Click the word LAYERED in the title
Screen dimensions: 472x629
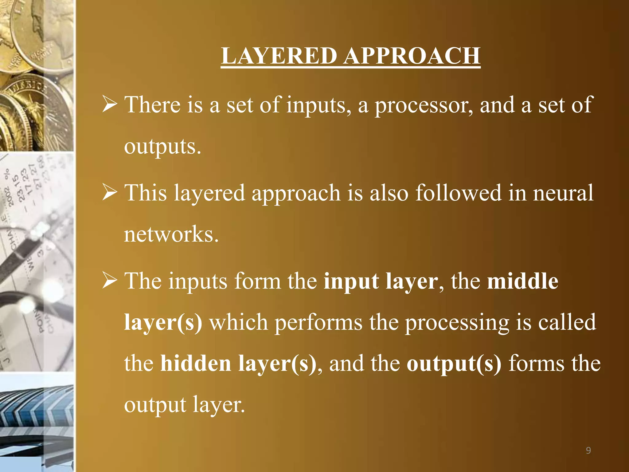click(279, 56)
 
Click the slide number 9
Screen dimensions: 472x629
click(588, 450)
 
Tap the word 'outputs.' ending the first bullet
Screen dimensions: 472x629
click(162, 147)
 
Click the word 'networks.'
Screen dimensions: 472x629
click(171, 234)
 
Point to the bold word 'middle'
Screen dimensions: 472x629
click(522, 281)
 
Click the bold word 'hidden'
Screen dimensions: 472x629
click(196, 364)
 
